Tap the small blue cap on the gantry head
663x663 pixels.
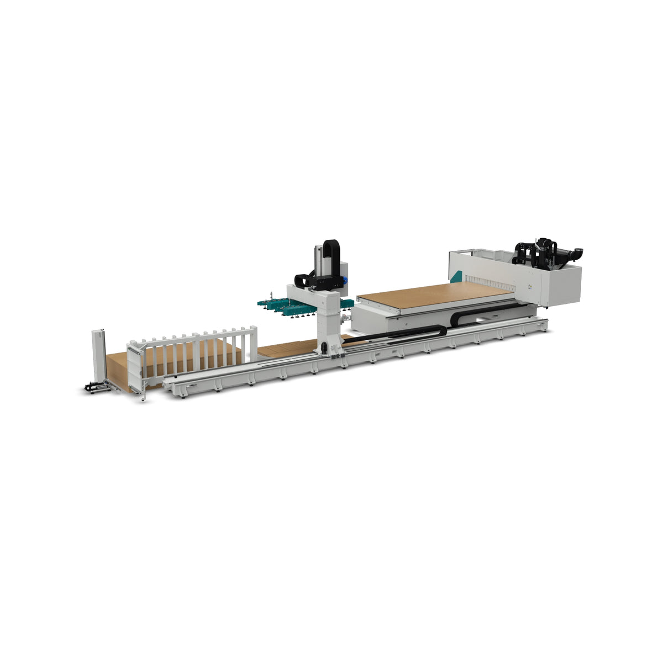pos(346,280)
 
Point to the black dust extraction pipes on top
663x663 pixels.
pos(539,251)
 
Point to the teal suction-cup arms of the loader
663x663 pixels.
pos(282,305)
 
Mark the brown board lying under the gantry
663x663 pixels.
pos(282,349)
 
